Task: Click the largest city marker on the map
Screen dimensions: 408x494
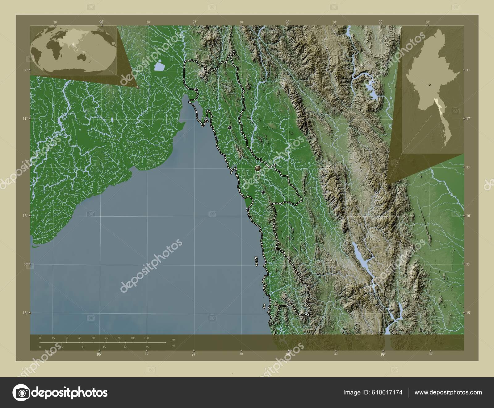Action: [257, 168]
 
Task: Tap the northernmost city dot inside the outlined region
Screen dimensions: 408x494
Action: [196, 90]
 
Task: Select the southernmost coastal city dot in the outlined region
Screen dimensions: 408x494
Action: [248, 210]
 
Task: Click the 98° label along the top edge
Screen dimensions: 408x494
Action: [288, 22]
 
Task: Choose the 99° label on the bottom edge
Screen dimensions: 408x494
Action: [383, 354]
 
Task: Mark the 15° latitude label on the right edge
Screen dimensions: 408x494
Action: [468, 313]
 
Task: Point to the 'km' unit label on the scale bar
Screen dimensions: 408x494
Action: [174, 339]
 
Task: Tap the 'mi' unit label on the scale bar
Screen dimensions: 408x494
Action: [173, 346]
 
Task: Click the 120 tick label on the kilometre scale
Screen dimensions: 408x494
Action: [146, 338]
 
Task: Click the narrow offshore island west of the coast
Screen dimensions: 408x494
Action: [256, 261]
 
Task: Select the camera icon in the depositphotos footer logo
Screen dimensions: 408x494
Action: [21, 393]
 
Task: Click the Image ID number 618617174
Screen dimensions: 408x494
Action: [388, 392]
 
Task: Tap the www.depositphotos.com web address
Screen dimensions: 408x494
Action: [448, 392]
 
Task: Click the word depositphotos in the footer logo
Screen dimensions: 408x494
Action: [70, 393]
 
